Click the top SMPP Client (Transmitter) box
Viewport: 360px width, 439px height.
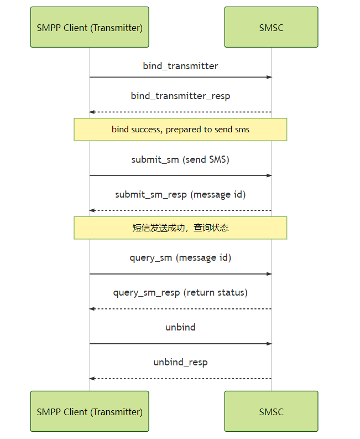(90, 27)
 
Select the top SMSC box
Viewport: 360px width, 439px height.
(271, 27)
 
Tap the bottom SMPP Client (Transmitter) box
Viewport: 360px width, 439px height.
(90, 411)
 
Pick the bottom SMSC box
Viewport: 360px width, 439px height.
(271, 411)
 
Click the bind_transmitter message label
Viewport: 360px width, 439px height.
(180, 66)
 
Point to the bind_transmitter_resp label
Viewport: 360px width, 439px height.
(180, 96)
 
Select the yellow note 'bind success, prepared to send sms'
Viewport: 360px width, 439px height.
(180, 130)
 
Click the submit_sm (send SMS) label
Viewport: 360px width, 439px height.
(180, 159)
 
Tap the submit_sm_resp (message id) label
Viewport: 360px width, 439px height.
(180, 194)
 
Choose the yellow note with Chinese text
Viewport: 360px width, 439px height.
(180, 228)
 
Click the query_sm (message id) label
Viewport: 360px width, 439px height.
(180, 257)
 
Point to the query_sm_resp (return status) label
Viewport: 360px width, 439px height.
(180, 292)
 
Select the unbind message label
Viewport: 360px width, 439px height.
(180, 327)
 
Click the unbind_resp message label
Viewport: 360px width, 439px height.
(180, 363)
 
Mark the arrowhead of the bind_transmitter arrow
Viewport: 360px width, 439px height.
(269, 77)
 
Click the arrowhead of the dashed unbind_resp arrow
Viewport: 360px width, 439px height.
(92, 378)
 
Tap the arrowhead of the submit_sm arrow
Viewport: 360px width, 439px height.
(269, 175)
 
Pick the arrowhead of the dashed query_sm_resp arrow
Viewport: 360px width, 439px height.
(92, 308)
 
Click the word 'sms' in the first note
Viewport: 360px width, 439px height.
(242, 130)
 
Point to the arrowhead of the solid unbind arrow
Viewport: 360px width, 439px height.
(269, 344)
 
